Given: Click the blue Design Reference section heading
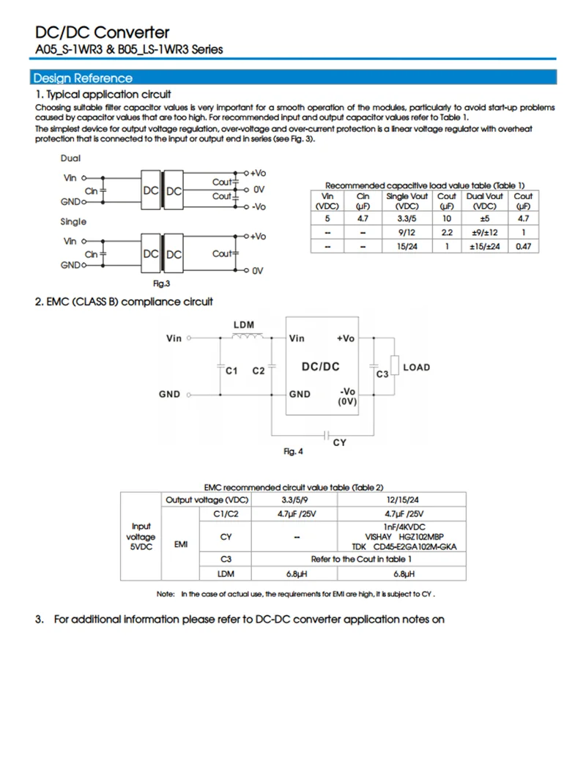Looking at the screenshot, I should pyautogui.click(x=84, y=78).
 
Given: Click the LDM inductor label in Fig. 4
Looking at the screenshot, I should pyautogui.click(x=244, y=324).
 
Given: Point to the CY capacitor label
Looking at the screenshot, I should pyautogui.click(x=340, y=443).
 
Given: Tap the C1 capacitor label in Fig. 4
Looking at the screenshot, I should pyautogui.click(x=231, y=371).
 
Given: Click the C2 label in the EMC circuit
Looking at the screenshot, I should pyautogui.click(x=259, y=371).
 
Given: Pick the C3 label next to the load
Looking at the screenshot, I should pyautogui.click(x=382, y=374).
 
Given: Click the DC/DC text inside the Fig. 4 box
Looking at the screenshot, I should pyautogui.click(x=321, y=366).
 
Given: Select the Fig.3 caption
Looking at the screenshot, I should pyautogui.click(x=162, y=282).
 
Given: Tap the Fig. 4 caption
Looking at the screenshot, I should pyautogui.click(x=293, y=452).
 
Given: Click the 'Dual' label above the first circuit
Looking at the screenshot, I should pyautogui.click(x=70, y=158).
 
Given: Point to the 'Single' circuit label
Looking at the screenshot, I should pyautogui.click(x=73, y=222).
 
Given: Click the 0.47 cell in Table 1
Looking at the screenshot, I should pyautogui.click(x=523, y=247).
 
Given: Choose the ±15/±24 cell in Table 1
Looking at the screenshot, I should pyautogui.click(x=485, y=247).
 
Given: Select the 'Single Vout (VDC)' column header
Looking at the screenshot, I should pyautogui.click(x=407, y=201).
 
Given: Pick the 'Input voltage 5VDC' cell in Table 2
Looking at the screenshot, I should pyautogui.click(x=141, y=537).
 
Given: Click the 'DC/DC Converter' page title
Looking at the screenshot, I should pyautogui.click(x=103, y=32).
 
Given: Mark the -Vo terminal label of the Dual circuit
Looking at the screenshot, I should pyautogui.click(x=258, y=207).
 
